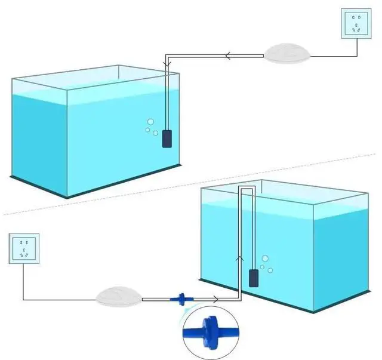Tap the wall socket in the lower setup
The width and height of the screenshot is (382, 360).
pyautogui.click(x=24, y=248)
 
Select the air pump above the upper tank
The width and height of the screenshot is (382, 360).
pyautogui.click(x=288, y=53)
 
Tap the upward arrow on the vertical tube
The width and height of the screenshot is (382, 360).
pyautogui.click(x=240, y=259)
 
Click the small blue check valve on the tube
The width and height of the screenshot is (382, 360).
pyautogui.click(x=177, y=299)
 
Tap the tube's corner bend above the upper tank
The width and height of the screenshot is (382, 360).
pyautogui.click(x=167, y=58)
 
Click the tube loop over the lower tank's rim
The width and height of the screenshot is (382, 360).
pyautogui.click(x=247, y=188)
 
